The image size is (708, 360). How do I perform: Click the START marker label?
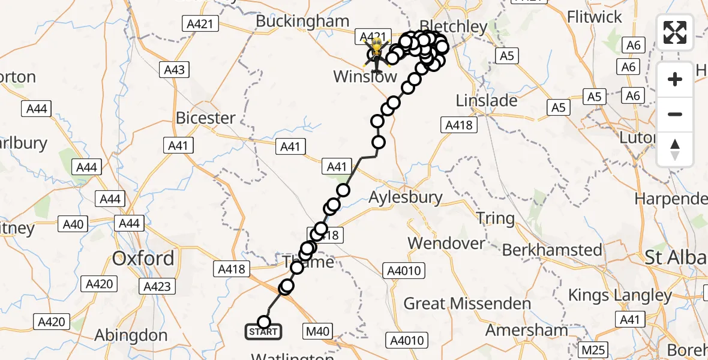pyautogui.click(x=263, y=332)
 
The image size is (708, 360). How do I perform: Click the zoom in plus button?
pyautogui.click(x=675, y=79)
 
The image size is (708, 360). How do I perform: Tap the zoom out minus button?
pyautogui.click(x=675, y=114)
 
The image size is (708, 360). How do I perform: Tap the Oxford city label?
pyautogui.click(x=143, y=259)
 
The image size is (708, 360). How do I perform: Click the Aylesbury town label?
pyautogui.click(x=406, y=197)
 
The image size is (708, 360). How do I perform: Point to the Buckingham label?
pyautogui.click(x=302, y=21)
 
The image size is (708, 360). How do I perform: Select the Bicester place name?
pyautogui.click(x=205, y=118)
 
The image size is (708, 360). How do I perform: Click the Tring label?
pyautogui.click(x=496, y=218)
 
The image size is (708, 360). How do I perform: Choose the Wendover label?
pyautogui.click(x=446, y=244)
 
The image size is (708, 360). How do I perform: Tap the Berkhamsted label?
pyautogui.click(x=552, y=250)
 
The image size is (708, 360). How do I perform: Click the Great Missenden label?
pyautogui.click(x=467, y=304)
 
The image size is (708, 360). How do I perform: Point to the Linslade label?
pyautogui.click(x=487, y=101)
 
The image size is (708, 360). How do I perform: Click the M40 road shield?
pyautogui.click(x=317, y=331)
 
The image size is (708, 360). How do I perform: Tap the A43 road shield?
pyautogui.click(x=175, y=70)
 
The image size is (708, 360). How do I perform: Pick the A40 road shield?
pyautogui.click(x=73, y=224)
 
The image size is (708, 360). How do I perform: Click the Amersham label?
pyautogui.click(x=526, y=330)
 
